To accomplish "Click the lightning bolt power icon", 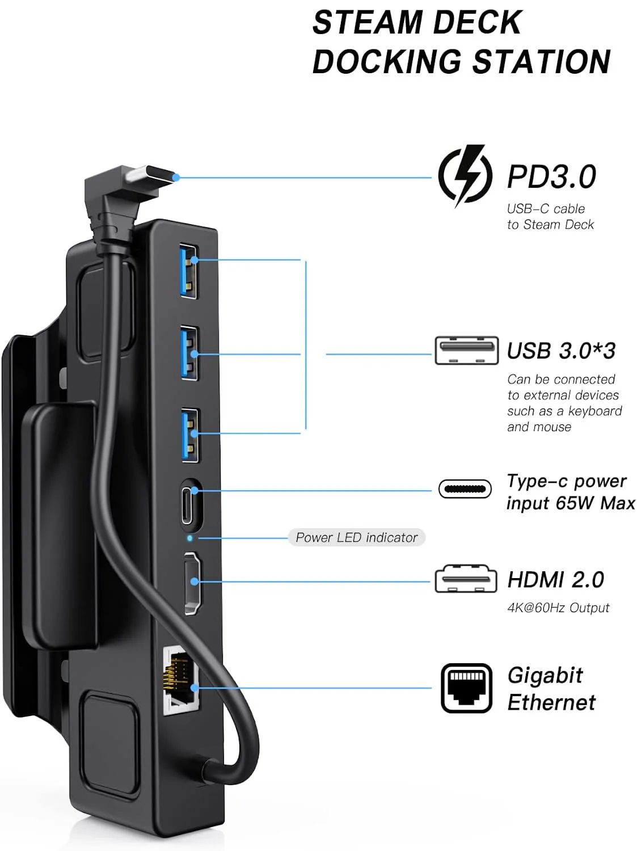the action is tap(465, 176).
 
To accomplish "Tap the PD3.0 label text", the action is tap(551, 176).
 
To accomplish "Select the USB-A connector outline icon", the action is tap(466, 351).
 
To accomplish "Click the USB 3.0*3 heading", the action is tap(561, 351).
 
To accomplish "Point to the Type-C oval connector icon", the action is tap(465, 488).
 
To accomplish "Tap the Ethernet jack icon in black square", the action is tap(466, 688).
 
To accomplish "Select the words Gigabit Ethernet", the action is tap(551, 689).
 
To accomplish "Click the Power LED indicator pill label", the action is tap(356, 537).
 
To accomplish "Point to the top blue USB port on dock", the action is tap(189, 269).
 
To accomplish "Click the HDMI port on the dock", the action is tap(193, 583).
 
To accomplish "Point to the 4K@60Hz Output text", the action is tap(558, 608).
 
